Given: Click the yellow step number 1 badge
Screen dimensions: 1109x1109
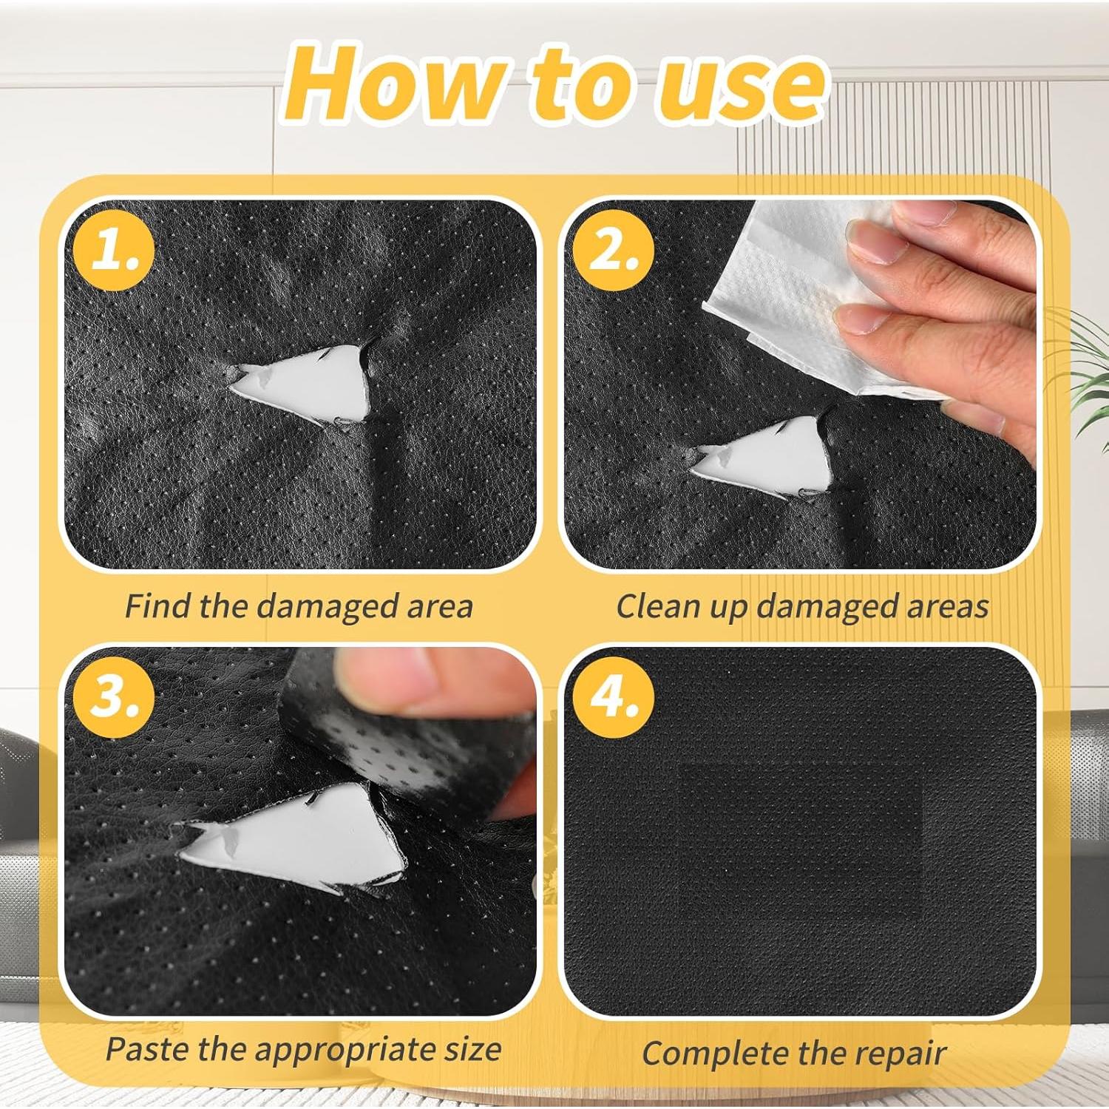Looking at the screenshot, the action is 113,250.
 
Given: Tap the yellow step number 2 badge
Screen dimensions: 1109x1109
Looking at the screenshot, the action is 613,250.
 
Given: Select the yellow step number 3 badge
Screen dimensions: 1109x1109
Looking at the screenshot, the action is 113,696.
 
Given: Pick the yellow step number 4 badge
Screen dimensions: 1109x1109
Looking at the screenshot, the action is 613,696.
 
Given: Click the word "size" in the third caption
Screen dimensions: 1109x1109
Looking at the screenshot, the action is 473,1049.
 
